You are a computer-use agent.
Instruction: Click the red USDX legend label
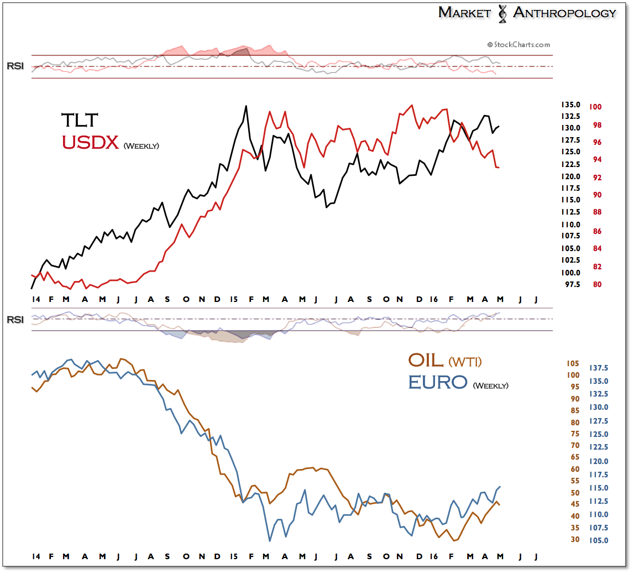pyautogui.click(x=91, y=142)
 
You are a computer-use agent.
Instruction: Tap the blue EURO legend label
pyautogui.click(x=438, y=382)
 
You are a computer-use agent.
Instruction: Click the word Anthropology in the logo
pyautogui.click(x=564, y=12)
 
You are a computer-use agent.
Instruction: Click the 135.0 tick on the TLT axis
pyautogui.click(x=570, y=105)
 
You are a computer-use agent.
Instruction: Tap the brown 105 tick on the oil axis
pyautogui.click(x=572, y=363)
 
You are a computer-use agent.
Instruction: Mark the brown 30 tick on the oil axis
pyautogui.click(x=574, y=539)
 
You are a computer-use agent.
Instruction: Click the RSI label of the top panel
pyautogui.click(x=15, y=66)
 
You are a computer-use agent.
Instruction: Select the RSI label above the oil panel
pyautogui.click(x=15, y=320)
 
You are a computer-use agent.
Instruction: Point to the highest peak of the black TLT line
pyautogui.click(x=246, y=106)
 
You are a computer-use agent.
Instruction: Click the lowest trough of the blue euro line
pyautogui.click(x=270, y=541)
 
